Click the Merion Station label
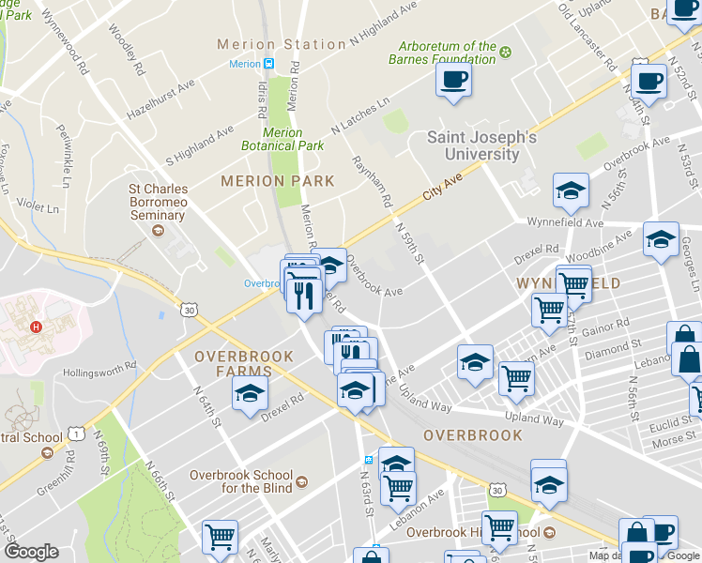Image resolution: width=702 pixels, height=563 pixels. click(282, 44)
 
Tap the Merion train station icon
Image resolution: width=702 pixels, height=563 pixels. click(268, 64)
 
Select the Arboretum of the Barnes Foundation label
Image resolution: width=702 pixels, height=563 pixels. click(448, 53)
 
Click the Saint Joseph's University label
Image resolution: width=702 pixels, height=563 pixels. click(481, 145)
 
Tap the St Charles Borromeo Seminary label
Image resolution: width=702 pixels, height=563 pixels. click(158, 202)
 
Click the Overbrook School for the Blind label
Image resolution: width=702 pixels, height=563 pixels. click(241, 480)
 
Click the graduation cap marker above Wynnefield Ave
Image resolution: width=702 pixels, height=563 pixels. click(571, 192)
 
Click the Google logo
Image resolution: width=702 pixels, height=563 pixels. click(32, 552)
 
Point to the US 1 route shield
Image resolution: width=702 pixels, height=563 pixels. click(73, 434)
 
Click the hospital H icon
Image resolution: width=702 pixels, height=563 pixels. click(37, 327)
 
